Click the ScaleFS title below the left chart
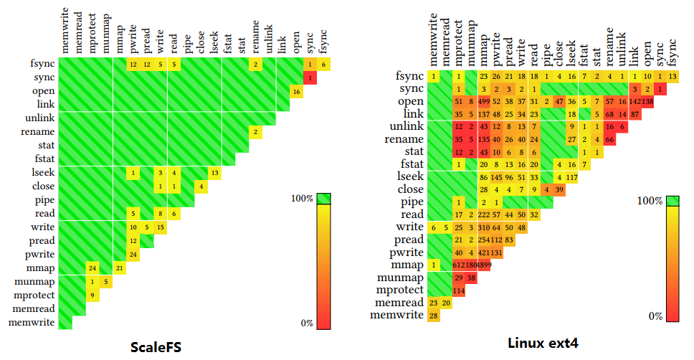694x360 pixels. (x=156, y=347)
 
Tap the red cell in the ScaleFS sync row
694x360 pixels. (x=310, y=77)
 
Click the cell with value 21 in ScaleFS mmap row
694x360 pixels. (x=120, y=268)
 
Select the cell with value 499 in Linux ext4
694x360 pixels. (x=485, y=102)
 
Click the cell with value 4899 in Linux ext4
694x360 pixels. (x=485, y=265)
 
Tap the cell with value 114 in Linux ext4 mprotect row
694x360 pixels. (x=459, y=290)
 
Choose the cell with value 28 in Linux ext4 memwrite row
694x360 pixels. (x=433, y=316)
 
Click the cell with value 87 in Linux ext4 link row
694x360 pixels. (x=636, y=115)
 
